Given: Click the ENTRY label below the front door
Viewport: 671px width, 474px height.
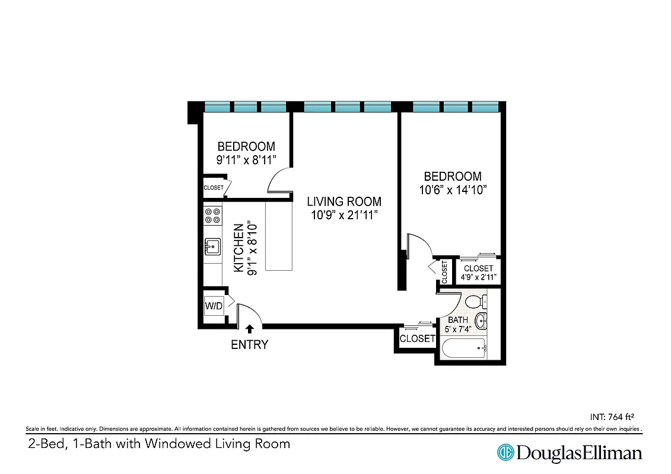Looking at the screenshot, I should click(249, 344).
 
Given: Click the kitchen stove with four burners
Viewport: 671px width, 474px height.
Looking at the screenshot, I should click(213, 214).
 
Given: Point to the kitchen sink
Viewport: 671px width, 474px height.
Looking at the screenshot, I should click(212, 245).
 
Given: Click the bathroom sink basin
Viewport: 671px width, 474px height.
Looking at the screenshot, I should click(484, 322).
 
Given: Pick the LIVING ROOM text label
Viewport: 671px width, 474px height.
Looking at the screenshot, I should click(344, 201).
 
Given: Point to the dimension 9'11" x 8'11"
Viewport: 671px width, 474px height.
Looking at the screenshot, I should click(246, 159).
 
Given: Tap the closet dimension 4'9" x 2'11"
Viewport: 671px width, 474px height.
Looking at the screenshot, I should click(478, 277).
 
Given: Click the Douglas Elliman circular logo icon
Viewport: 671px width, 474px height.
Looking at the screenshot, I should click(505, 453).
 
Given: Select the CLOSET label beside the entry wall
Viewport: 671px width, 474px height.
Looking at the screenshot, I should click(418, 339).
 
